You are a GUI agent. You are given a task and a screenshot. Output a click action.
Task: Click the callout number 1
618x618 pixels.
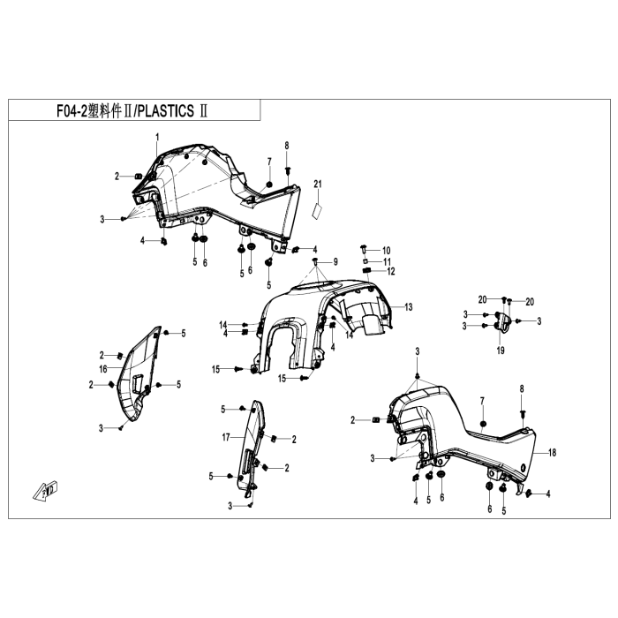(x=158, y=137)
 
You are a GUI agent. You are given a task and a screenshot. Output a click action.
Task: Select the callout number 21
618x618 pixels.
(x=318, y=184)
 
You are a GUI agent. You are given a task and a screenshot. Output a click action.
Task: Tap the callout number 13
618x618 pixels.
(x=408, y=306)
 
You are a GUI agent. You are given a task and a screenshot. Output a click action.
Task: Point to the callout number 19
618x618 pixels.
(x=501, y=350)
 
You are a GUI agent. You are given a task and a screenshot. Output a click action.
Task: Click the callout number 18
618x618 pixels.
(x=552, y=452)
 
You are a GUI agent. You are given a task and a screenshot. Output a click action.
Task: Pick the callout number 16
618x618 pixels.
(x=103, y=369)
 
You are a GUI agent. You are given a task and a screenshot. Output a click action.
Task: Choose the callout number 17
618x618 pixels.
(x=226, y=438)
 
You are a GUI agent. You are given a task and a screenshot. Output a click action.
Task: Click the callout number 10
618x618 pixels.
(x=387, y=251)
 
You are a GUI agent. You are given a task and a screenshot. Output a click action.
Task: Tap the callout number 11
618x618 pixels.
(x=387, y=261)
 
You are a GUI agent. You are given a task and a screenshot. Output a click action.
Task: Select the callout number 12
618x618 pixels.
(x=390, y=271)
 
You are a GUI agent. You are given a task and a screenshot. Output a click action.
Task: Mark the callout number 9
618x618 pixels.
(x=335, y=261)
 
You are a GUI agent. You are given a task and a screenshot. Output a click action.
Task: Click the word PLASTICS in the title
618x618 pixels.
(x=166, y=110)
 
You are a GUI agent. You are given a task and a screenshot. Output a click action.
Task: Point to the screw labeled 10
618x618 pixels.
(x=364, y=249)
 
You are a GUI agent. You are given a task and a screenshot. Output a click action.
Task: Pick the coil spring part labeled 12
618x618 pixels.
(x=367, y=270)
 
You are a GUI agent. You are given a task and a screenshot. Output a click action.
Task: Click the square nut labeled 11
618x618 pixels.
(x=365, y=261)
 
